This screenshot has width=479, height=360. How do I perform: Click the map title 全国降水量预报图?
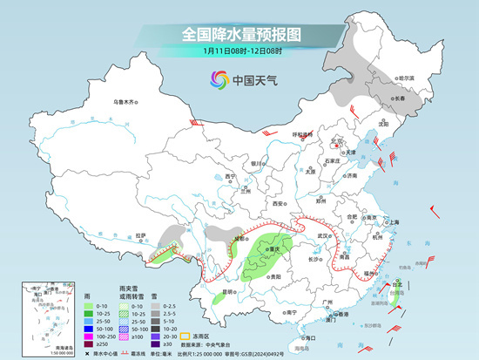point(239,34)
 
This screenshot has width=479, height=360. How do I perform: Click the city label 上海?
point(395,222)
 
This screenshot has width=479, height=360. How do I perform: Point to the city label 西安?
point(279,202)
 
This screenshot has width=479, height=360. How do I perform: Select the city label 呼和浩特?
point(302,134)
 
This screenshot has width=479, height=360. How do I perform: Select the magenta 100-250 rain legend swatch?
point(90,335)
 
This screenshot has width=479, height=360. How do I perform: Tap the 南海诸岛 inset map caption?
point(37,344)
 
